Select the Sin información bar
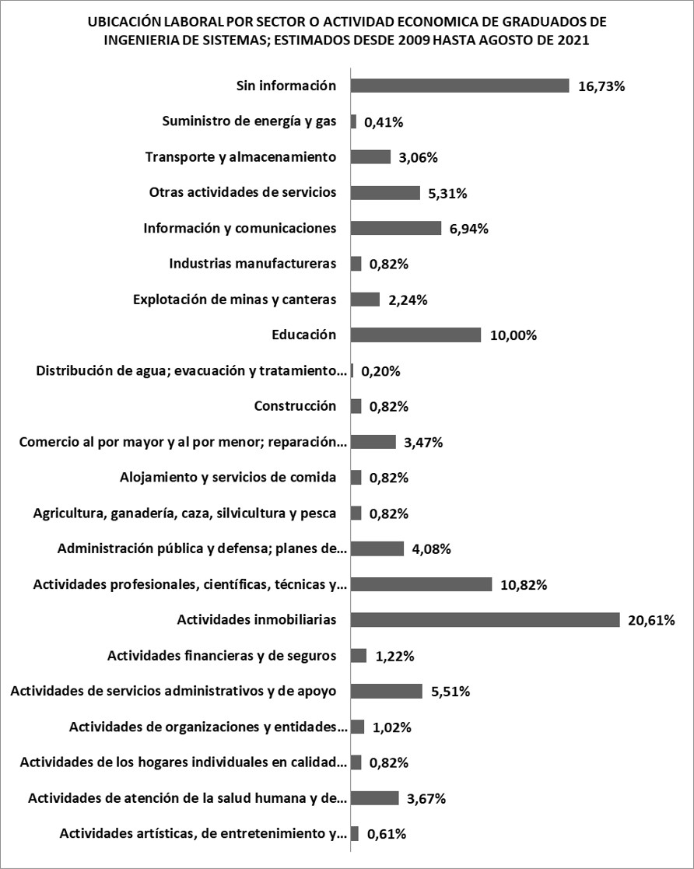click(x=461, y=86)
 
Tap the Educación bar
click(x=416, y=335)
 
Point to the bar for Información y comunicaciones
click(x=396, y=229)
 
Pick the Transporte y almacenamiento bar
click(x=371, y=157)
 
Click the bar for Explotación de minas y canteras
click(x=366, y=300)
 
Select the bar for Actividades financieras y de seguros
click(x=359, y=656)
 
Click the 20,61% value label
click(x=650, y=620)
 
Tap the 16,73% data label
click(x=601, y=86)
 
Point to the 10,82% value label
click(x=524, y=585)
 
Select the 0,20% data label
click(x=380, y=371)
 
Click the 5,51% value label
click(x=450, y=692)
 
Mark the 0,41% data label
click(x=384, y=122)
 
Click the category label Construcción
click(x=295, y=406)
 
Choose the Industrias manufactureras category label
click(x=252, y=264)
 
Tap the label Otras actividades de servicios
click(x=242, y=192)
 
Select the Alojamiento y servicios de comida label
click(x=228, y=477)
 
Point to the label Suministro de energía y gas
click(x=249, y=121)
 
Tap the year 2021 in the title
click(x=573, y=40)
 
